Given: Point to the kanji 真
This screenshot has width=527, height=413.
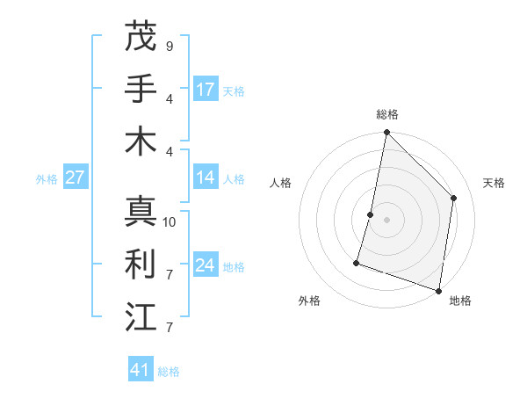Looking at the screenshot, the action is [x=141, y=211].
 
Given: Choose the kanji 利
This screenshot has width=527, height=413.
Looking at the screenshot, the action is [x=141, y=263].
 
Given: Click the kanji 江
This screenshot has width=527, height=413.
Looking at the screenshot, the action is [x=141, y=315].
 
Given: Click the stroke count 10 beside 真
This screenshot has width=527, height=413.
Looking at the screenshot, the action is [x=170, y=222].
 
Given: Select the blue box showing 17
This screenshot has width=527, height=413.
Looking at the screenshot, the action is [x=206, y=89].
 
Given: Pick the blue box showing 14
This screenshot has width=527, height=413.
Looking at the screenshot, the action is [x=206, y=177].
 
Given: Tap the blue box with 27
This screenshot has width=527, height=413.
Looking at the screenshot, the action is [x=76, y=178].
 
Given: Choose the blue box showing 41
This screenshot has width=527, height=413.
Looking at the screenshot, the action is [x=141, y=370].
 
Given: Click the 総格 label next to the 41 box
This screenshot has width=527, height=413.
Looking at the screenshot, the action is [x=169, y=372].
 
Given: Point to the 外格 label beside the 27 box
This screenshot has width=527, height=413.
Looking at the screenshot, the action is [x=47, y=179].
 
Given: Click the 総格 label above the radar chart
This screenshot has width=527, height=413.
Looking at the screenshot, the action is [x=386, y=114].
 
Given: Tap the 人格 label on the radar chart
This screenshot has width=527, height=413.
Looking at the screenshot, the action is [x=280, y=183].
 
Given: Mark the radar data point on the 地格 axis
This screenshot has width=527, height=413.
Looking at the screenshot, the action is [x=438, y=290].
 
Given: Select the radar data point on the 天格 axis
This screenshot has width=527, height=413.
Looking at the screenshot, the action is [x=454, y=198].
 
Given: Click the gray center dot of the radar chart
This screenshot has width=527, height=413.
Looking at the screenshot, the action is [x=386, y=220].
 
